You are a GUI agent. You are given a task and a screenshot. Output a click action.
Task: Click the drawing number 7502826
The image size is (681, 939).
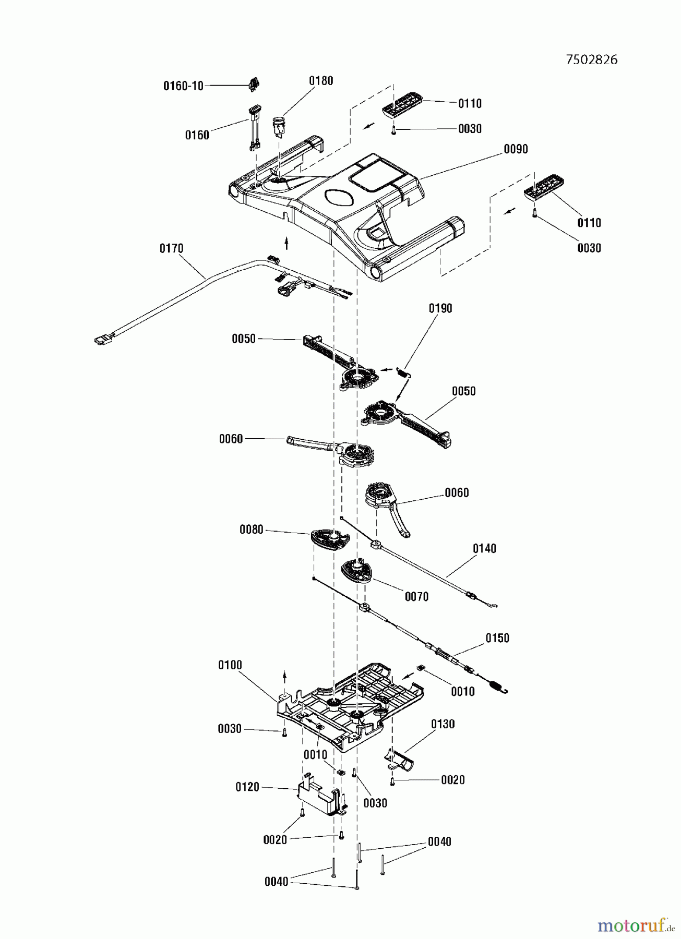click(591, 59)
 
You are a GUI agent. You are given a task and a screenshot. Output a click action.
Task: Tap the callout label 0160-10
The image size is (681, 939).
click(183, 86)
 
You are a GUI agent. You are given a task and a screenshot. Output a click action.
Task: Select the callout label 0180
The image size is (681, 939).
click(321, 80)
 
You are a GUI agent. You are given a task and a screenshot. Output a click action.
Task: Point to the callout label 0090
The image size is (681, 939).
click(516, 149)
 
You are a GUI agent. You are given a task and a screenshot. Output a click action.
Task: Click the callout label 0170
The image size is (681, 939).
click(172, 248)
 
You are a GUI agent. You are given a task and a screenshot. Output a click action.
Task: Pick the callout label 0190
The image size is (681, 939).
click(440, 308)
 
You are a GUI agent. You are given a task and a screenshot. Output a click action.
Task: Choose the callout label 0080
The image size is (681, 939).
click(252, 530)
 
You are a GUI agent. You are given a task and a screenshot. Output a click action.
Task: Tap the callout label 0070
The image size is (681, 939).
click(416, 596)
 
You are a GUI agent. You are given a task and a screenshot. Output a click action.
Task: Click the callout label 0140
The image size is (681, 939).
click(484, 548)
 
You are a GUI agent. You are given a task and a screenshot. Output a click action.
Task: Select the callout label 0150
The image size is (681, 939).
click(497, 638)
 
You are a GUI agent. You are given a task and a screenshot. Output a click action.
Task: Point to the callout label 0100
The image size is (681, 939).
click(230, 665)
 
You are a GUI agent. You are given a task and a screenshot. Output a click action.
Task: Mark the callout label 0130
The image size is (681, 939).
click(443, 724)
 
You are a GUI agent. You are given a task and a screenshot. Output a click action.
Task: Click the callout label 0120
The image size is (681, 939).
click(247, 787)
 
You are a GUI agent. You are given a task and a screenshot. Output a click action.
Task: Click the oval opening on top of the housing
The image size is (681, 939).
click(339, 197)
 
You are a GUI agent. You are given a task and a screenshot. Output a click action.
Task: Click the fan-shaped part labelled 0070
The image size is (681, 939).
click(357, 570)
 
